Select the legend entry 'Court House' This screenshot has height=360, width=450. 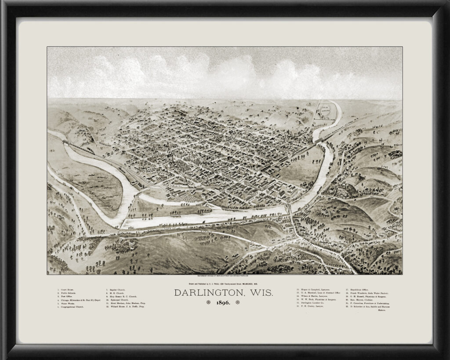pyautogui.click(x=68, y=290)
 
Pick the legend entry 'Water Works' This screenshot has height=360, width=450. pyautogui.click(x=69, y=303)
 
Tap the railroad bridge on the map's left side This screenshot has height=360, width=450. pyautogui.click(x=66, y=143)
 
